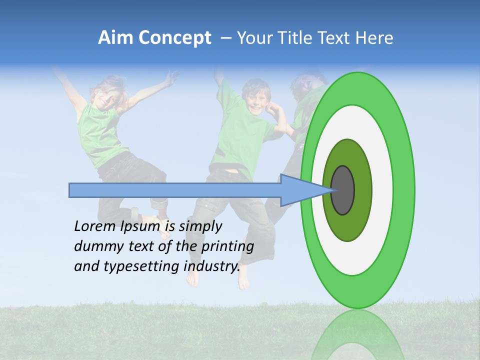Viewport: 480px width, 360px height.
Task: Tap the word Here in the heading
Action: [375, 38]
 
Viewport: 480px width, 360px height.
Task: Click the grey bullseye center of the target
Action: [343, 190]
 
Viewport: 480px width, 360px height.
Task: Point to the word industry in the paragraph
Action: [211, 266]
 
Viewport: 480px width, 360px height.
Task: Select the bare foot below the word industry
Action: [243, 280]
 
